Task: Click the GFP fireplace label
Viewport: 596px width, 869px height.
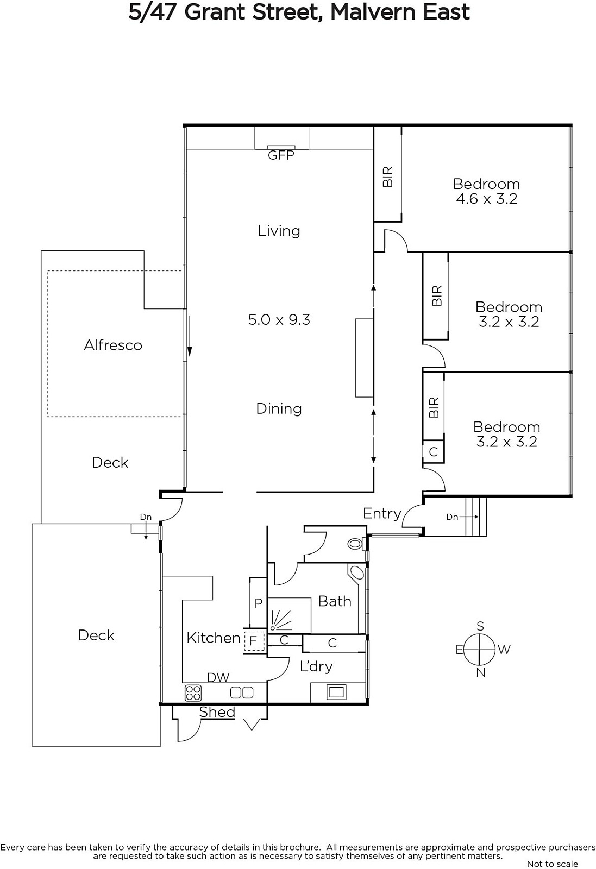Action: [x=281, y=155]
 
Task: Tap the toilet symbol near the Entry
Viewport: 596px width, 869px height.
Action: [x=355, y=544]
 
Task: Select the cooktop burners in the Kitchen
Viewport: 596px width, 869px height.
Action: [x=193, y=693]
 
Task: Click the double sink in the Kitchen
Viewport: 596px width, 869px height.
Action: [x=242, y=692]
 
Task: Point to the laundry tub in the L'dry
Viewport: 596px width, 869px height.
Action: [x=336, y=692]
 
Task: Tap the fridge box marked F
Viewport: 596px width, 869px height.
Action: [x=254, y=641]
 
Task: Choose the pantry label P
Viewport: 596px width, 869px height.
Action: [x=259, y=603]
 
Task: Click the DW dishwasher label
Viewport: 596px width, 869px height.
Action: [x=218, y=677]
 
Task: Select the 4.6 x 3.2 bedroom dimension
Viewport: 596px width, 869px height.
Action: [x=487, y=199]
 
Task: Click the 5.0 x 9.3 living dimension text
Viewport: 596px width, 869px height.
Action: [x=279, y=320]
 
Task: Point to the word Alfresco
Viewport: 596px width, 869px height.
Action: [x=113, y=345]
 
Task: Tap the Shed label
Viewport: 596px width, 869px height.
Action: [x=217, y=712]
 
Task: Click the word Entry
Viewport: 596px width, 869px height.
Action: [x=382, y=514]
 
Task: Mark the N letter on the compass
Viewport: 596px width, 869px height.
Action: [x=480, y=672]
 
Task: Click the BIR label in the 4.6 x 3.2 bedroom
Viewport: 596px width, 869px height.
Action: [x=387, y=177]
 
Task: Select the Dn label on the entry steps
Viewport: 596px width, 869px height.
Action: [x=452, y=517]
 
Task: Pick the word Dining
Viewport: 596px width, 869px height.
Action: [x=279, y=409]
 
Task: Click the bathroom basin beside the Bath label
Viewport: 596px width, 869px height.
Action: [x=356, y=572]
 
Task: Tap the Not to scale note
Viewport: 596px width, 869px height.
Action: [x=552, y=864]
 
